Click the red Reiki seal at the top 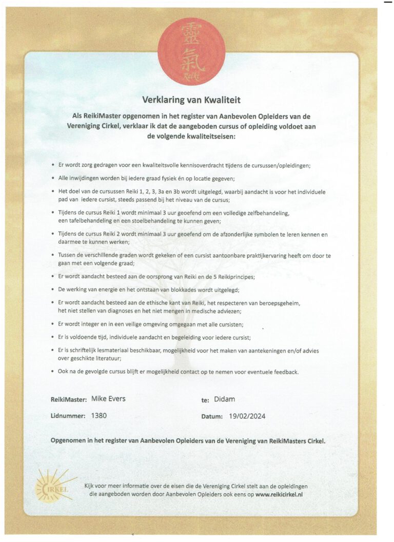point(191,49)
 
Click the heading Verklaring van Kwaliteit point(191,100)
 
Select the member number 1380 point(98,416)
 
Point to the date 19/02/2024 point(247,416)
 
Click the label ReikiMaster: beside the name point(68,399)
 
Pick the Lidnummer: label point(68,416)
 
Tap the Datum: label point(211,416)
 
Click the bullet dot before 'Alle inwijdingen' point(53,178)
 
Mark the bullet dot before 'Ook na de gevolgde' point(53,371)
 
